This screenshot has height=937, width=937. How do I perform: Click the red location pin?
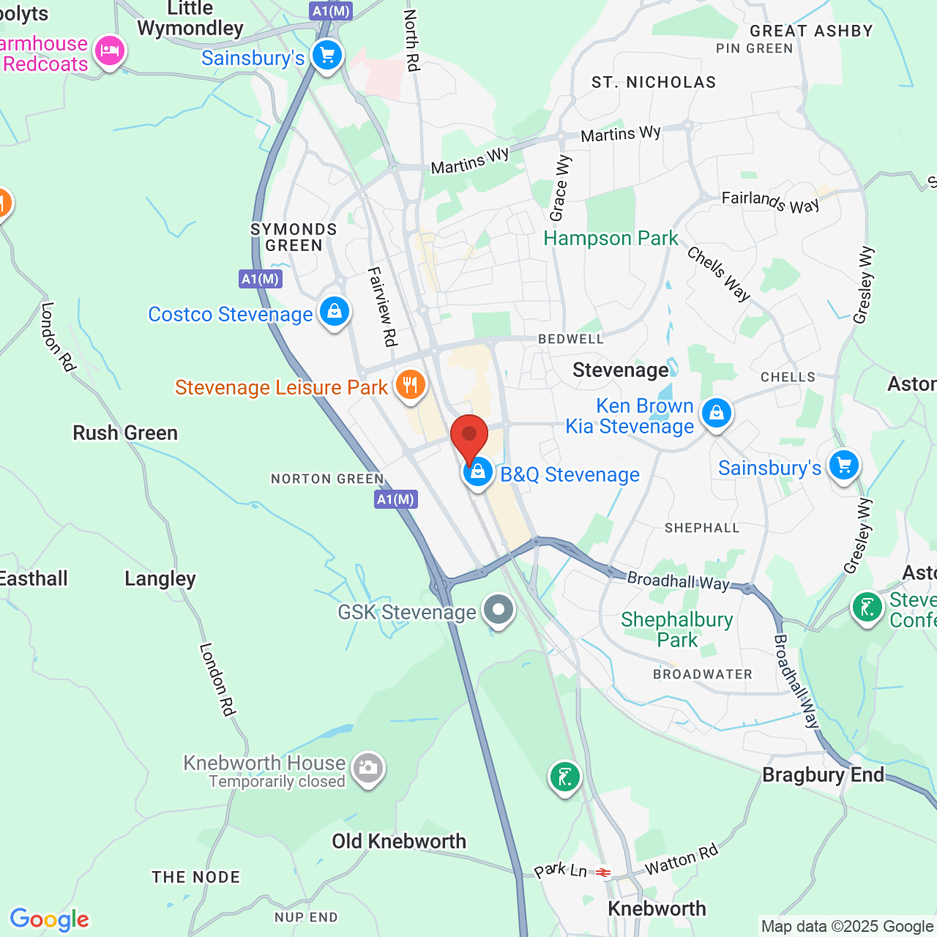(x=468, y=436)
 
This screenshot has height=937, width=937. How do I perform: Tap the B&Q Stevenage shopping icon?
(x=477, y=471)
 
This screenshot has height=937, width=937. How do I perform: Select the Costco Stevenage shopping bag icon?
(x=335, y=312)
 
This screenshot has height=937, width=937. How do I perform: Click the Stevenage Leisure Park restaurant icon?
(x=411, y=384)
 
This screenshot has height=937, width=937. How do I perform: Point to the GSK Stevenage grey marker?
(x=499, y=609)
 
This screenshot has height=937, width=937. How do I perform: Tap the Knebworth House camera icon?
(x=367, y=768)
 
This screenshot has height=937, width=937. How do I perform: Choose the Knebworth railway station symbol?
(x=603, y=873)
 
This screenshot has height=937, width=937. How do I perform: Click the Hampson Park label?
(x=611, y=239)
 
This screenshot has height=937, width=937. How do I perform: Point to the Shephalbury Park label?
(x=676, y=630)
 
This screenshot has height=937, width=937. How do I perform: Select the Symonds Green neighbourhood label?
(x=294, y=237)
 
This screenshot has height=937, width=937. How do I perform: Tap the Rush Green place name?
(x=125, y=433)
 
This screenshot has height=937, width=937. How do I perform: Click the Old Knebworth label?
(x=399, y=841)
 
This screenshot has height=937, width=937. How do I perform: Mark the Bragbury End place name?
(x=823, y=774)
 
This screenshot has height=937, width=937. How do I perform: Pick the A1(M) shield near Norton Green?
(x=395, y=500)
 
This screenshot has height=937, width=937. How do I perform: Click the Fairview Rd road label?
(x=382, y=306)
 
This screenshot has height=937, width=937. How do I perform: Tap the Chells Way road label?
(x=719, y=274)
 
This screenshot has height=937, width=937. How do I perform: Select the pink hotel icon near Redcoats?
(x=109, y=51)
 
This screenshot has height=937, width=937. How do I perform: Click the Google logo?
(x=50, y=919)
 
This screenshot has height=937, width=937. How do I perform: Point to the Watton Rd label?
(x=681, y=859)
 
